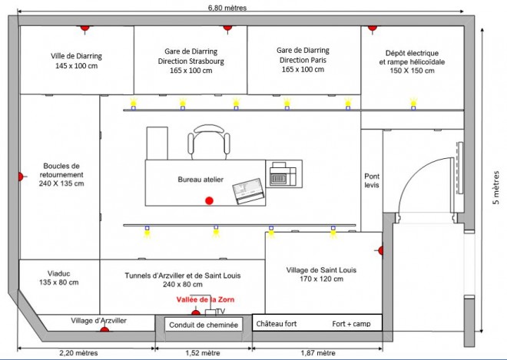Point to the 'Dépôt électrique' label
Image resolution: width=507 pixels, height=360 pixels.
click(x=412, y=53)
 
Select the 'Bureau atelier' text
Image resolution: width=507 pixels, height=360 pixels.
click(x=200, y=180)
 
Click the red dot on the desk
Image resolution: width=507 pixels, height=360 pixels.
click(x=209, y=200)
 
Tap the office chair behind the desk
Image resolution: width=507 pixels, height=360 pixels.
click(x=209, y=142)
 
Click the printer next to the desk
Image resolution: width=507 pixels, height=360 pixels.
click(x=283, y=174)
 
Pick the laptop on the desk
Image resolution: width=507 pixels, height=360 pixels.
click(x=248, y=191)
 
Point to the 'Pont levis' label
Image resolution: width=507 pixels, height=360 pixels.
click(x=372, y=180)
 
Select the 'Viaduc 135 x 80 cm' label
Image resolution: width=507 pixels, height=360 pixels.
click(x=59, y=278)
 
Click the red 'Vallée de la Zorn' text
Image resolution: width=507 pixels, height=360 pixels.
click(x=205, y=299)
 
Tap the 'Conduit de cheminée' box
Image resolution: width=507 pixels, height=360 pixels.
click(x=204, y=325)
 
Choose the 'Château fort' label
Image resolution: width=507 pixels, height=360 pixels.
click(x=277, y=323)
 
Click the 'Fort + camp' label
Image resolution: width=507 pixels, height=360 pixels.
click(x=352, y=324)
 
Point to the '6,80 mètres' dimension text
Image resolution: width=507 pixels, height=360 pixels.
click(x=227, y=8)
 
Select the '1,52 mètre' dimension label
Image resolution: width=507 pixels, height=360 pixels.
click(x=203, y=353)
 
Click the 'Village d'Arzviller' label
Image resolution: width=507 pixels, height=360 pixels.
click(x=98, y=321)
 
